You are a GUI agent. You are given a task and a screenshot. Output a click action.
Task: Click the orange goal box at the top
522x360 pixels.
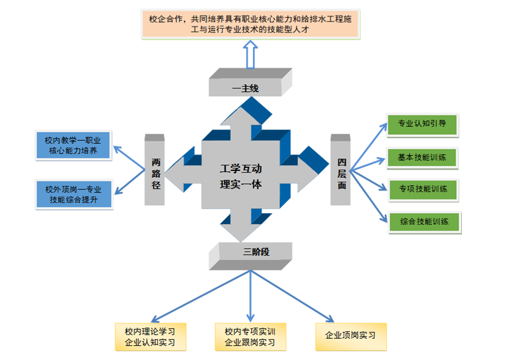(252, 25)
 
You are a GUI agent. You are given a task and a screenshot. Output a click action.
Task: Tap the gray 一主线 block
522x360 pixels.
(245, 88)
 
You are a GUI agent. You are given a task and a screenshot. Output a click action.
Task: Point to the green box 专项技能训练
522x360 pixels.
(423, 189)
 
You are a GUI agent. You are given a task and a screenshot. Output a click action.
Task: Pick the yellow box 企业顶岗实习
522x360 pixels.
(350, 335)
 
